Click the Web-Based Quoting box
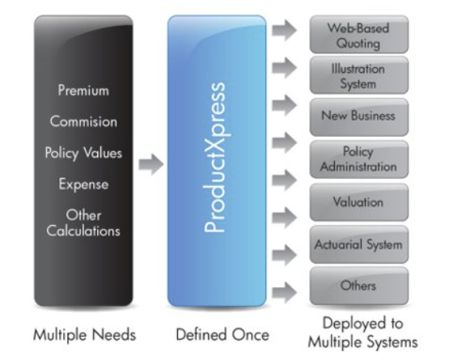click(359, 34)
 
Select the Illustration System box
click(359, 75)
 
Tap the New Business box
click(359, 116)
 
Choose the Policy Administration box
click(359, 159)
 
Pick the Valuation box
click(359, 202)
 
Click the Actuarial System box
click(359, 244)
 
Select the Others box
click(359, 286)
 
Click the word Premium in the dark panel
click(83, 91)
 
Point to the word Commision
click(83, 121)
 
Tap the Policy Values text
click(83, 153)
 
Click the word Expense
click(83, 184)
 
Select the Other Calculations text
click(83, 223)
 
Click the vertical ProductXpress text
click(214, 157)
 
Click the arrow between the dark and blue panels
click(151, 164)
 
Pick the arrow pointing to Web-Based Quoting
click(284, 30)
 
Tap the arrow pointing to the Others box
click(284, 292)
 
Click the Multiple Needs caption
click(84, 335)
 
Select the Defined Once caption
click(222, 334)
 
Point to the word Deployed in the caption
click(354, 324)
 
